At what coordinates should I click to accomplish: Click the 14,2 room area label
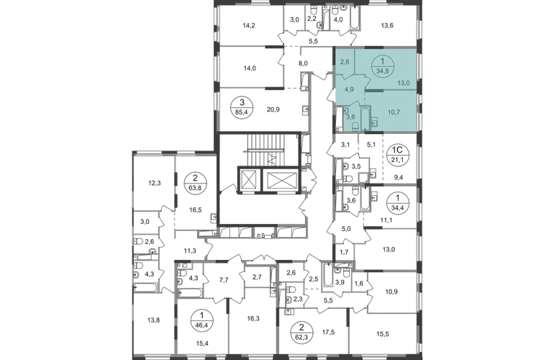click(x=249, y=25)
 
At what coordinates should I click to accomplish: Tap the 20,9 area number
click(x=273, y=109)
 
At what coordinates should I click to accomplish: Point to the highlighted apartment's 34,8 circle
click(x=381, y=66)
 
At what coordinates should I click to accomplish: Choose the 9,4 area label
click(x=398, y=178)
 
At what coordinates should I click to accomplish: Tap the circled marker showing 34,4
click(x=398, y=201)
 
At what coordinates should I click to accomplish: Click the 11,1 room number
click(x=386, y=220)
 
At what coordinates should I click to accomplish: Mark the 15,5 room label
click(x=383, y=333)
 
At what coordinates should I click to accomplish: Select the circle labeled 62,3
click(x=301, y=333)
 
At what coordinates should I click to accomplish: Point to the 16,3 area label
click(x=253, y=318)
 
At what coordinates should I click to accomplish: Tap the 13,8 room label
click(x=153, y=320)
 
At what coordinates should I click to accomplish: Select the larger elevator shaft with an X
click(x=281, y=180)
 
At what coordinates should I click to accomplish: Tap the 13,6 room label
click(x=387, y=25)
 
